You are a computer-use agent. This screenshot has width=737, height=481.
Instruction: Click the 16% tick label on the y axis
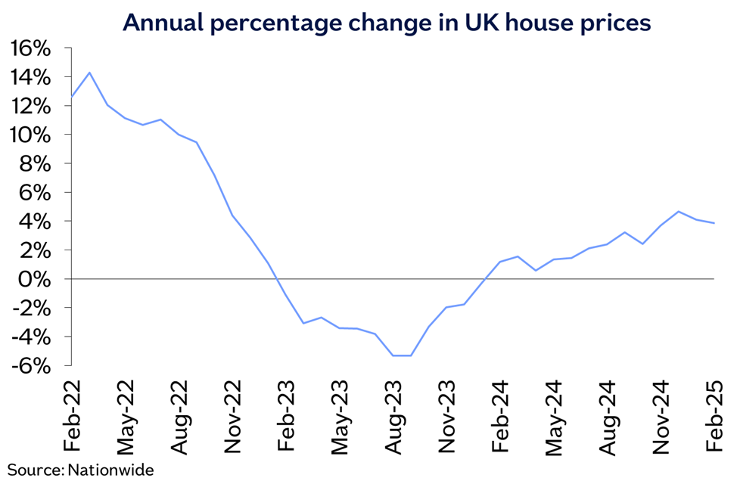pos(30,48)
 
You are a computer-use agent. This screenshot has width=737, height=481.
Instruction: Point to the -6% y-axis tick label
pos(30,365)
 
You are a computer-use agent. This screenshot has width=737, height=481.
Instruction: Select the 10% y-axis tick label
pos(30,135)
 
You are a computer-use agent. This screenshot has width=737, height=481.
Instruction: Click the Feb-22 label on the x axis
pos(72,412)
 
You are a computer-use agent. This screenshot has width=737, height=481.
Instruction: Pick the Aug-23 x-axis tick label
pos(393,412)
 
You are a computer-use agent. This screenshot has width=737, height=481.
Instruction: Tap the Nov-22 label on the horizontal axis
pos(233,412)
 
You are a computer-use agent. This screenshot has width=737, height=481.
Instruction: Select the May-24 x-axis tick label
pos(555,412)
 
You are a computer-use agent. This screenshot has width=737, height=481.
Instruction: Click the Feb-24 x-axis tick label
pos(501,412)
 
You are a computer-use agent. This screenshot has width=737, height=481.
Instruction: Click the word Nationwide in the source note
pos(110,470)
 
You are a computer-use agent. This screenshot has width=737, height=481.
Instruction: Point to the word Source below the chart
pos(33,470)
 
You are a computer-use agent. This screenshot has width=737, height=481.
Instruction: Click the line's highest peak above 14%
pos(89,73)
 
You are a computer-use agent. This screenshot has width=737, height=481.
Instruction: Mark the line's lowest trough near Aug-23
pos(402,355)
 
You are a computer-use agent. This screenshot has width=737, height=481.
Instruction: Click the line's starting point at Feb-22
pos(72,96)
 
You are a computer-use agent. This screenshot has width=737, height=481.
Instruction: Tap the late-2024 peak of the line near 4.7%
pos(679,212)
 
